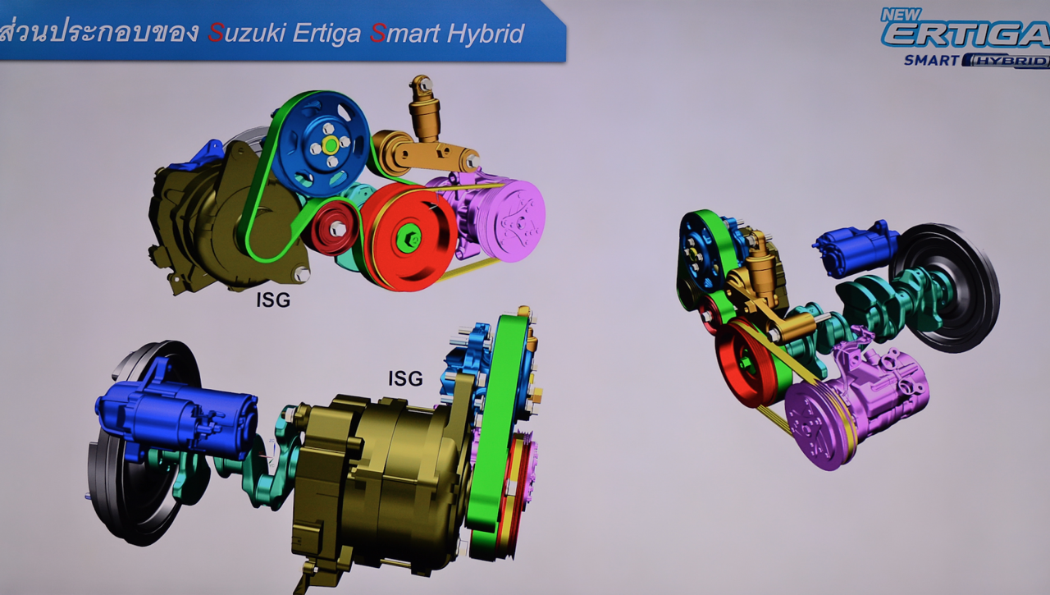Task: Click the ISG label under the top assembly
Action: point(273,300)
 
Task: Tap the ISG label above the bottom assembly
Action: point(405,378)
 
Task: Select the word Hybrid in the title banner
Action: point(485,34)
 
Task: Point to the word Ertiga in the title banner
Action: point(326,34)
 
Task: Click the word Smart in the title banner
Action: point(405,34)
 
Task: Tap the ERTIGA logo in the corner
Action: point(966,34)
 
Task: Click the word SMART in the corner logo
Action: point(932,61)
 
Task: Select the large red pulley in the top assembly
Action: point(409,237)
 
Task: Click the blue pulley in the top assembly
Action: point(321,145)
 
